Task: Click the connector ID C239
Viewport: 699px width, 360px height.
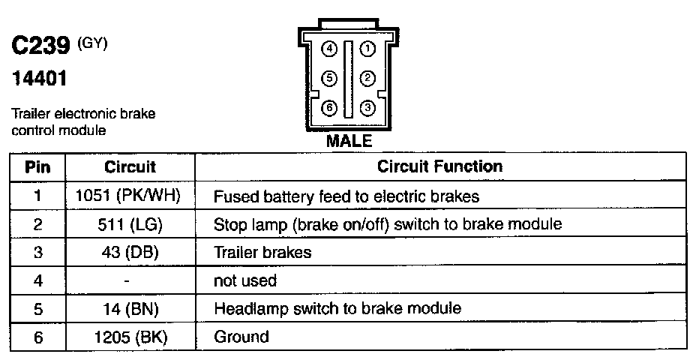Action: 42,48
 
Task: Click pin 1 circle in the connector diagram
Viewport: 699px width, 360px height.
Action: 367,49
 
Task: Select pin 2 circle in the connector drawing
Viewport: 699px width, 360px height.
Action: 367,78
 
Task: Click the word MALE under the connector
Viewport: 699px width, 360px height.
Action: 348,140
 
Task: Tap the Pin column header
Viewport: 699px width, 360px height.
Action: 37,166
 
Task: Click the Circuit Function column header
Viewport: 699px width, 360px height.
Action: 440,166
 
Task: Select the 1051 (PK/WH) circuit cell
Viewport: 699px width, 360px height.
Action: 129,196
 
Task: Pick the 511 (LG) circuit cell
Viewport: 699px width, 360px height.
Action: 129,224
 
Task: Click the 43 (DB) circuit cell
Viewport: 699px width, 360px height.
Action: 129,253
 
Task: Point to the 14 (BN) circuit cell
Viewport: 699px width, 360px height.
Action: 129,308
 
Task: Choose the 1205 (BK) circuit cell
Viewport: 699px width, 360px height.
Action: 129,337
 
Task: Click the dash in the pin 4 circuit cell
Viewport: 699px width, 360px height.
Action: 128,280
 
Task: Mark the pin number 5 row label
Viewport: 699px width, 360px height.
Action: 37,308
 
